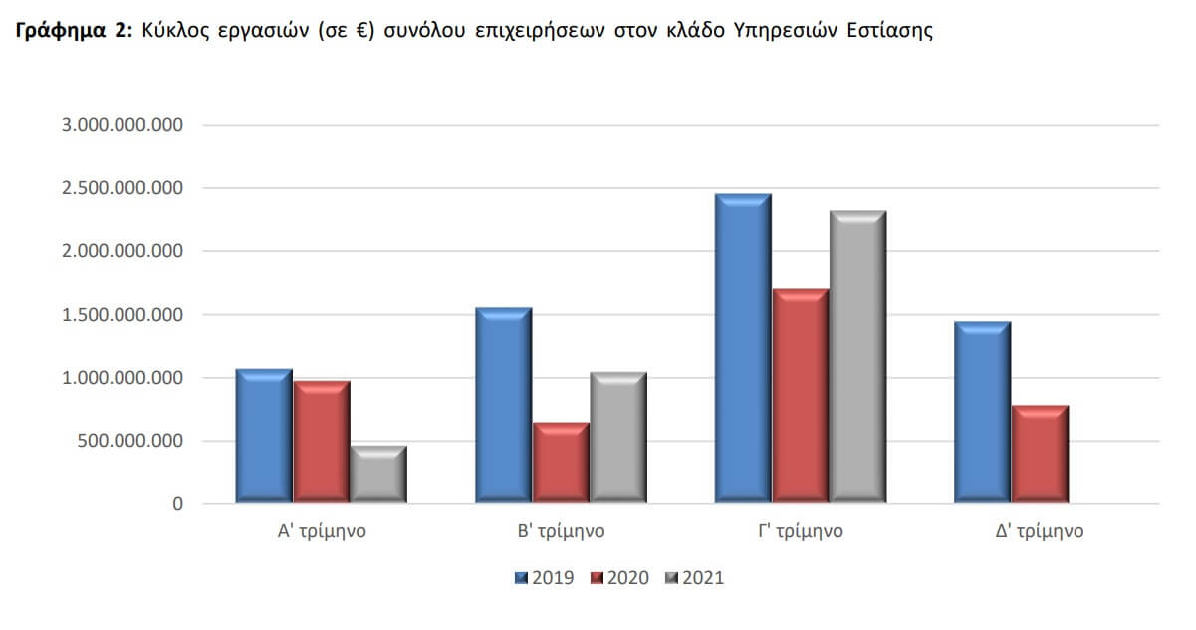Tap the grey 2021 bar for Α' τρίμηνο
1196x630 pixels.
click(377, 473)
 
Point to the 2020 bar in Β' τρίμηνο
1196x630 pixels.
click(561, 463)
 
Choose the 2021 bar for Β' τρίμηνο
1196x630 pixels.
click(617, 438)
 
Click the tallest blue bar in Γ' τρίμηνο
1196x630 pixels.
click(742, 349)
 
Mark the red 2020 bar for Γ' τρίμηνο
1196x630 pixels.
click(800, 396)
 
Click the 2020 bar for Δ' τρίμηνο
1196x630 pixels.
click(1040, 454)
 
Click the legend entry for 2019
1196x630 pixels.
click(545, 578)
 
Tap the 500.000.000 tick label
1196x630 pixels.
click(121, 441)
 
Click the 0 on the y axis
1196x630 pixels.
click(177, 504)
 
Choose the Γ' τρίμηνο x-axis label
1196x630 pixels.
click(800, 531)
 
